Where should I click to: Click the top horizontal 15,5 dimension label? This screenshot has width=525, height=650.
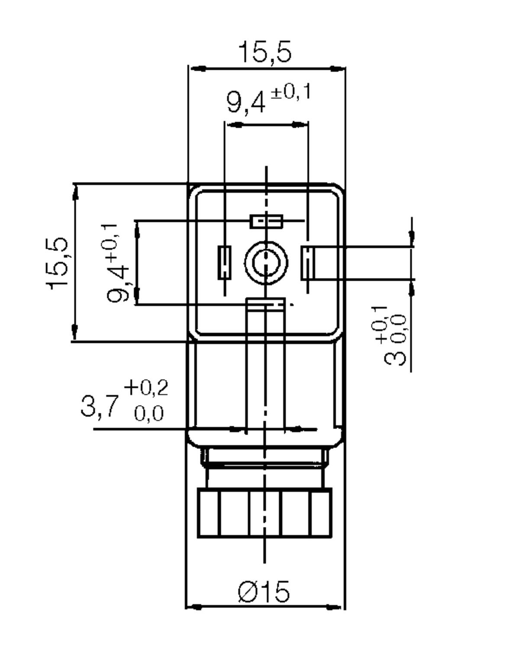point(265,52)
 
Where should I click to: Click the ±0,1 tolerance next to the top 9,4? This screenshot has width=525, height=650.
point(290,92)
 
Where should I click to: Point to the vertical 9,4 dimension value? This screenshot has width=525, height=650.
point(118,284)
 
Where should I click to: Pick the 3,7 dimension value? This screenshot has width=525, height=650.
point(100,406)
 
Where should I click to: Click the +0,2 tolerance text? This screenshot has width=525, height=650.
point(146,387)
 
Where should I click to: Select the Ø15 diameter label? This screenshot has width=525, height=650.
point(264,591)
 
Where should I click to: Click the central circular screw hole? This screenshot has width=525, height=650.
point(266,263)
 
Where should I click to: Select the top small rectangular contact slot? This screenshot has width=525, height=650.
point(267,221)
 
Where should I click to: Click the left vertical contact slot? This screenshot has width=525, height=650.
point(224,263)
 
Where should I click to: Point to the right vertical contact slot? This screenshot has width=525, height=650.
point(308,263)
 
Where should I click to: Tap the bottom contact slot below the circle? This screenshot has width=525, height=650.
point(265,305)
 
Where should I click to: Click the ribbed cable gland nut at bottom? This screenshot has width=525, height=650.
point(265,513)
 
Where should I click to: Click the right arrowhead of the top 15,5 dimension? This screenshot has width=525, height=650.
point(338,68)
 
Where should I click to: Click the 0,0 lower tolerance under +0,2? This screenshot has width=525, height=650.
point(149,414)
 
